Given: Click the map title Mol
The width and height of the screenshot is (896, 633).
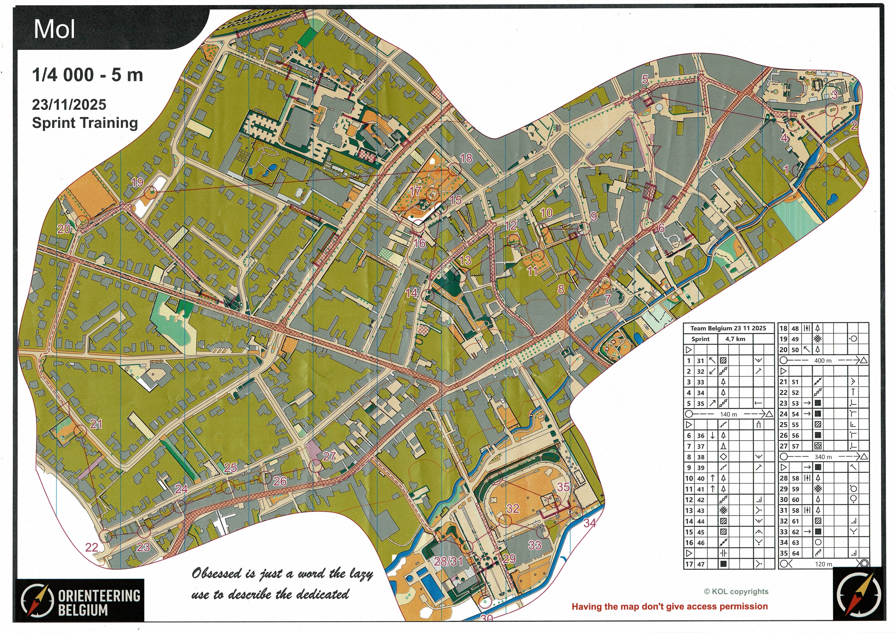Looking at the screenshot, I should [x=54, y=29].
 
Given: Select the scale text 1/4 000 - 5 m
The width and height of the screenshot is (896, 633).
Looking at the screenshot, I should [x=87, y=75].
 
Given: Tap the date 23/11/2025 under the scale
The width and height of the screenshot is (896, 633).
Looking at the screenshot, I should [x=69, y=105].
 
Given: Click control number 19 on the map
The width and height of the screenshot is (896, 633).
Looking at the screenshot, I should [x=137, y=182].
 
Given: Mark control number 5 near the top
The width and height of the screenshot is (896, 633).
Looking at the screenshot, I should [x=645, y=80].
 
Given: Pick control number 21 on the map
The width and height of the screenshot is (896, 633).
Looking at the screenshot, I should [x=96, y=424].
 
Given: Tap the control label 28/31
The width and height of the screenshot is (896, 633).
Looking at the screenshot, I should [x=448, y=561].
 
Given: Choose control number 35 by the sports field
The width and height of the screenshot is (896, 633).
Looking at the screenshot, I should [x=563, y=487].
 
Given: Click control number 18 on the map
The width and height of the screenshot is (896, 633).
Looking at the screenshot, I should [x=466, y=158].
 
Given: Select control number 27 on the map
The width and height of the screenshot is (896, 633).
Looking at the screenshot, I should [x=329, y=456].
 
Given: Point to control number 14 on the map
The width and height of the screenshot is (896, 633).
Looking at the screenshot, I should [x=411, y=293].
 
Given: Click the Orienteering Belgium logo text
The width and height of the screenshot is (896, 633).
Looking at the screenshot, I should [x=99, y=602].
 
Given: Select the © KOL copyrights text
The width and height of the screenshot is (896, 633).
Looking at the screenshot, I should [x=736, y=592].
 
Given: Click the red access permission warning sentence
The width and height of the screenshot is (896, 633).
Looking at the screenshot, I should [x=670, y=606].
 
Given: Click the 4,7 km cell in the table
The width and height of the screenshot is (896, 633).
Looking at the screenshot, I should [x=735, y=339].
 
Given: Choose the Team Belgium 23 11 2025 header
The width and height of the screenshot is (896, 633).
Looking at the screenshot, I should [x=728, y=328].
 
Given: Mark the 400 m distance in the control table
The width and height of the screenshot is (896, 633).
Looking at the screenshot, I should [x=823, y=360].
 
